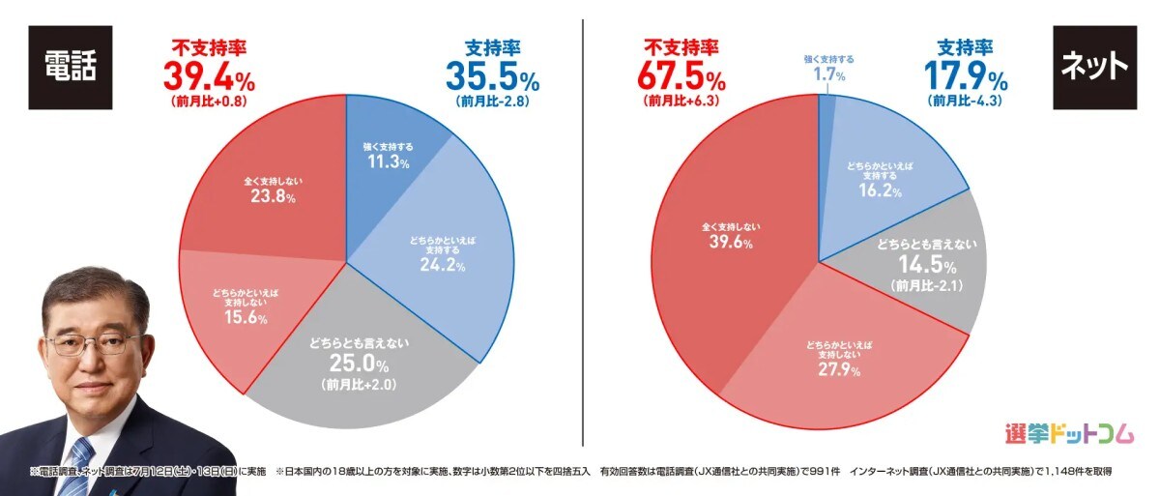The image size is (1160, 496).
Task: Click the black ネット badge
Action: (1092, 66)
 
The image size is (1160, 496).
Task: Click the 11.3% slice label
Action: (381, 162)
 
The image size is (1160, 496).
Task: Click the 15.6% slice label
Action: (240, 320)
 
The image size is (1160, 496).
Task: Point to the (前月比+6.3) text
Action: (681, 101)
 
